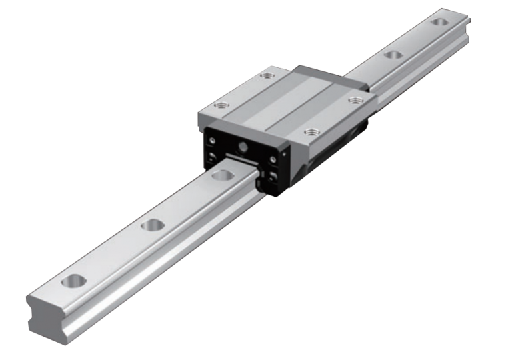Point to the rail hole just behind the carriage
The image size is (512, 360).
[x=393, y=55]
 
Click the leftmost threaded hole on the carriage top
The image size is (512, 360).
[x=220, y=105]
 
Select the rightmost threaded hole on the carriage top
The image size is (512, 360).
[x=353, y=100]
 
